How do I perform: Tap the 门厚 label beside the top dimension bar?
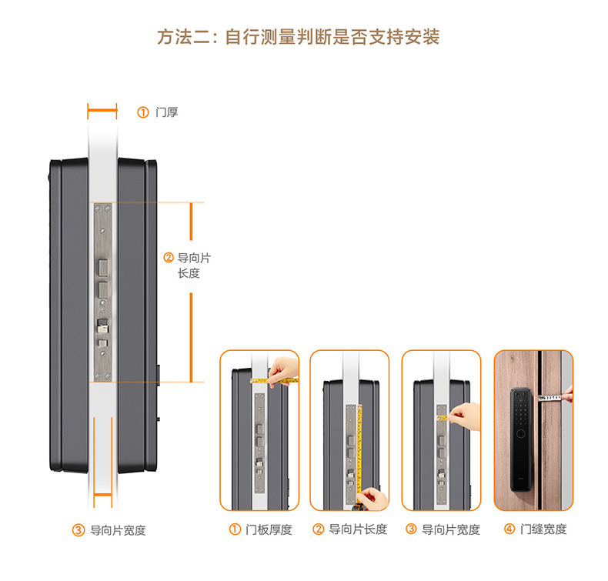click(166, 112)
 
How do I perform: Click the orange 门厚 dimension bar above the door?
click(102, 112)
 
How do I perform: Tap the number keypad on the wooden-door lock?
click(521, 409)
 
